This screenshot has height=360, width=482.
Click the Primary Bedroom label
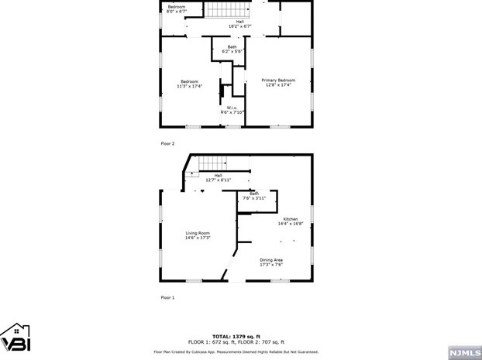pos(277,80)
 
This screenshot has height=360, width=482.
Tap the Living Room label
pos(198,233)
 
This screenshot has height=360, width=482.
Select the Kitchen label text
pos(291,219)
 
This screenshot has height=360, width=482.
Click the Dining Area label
pos(270,260)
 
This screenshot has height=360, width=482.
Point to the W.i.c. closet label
pos(232,108)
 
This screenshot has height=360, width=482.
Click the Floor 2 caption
pos(167,144)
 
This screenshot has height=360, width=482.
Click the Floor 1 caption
pos(167,297)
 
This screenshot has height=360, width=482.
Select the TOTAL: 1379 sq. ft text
pos(240,336)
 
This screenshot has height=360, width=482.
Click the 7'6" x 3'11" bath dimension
pos(254,198)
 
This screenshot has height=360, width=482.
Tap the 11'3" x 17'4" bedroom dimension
pos(190,86)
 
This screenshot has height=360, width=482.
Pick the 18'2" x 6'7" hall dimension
pos(240,26)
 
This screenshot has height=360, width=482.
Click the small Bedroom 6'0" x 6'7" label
pos(177,9)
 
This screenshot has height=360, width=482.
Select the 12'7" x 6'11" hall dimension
pos(219,180)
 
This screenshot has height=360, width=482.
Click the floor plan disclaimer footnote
pos(240,350)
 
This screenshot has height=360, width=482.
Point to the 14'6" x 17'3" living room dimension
pos(198,238)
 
